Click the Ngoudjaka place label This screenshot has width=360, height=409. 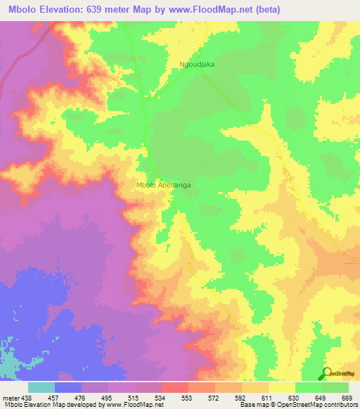click(197, 64)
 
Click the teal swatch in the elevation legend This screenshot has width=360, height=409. click(41, 387)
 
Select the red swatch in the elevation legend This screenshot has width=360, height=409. click(175, 387)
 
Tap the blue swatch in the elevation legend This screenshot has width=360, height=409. click(68, 387)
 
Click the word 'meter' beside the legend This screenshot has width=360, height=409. click(8, 397)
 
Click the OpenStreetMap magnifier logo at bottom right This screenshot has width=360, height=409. click(328, 375)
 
